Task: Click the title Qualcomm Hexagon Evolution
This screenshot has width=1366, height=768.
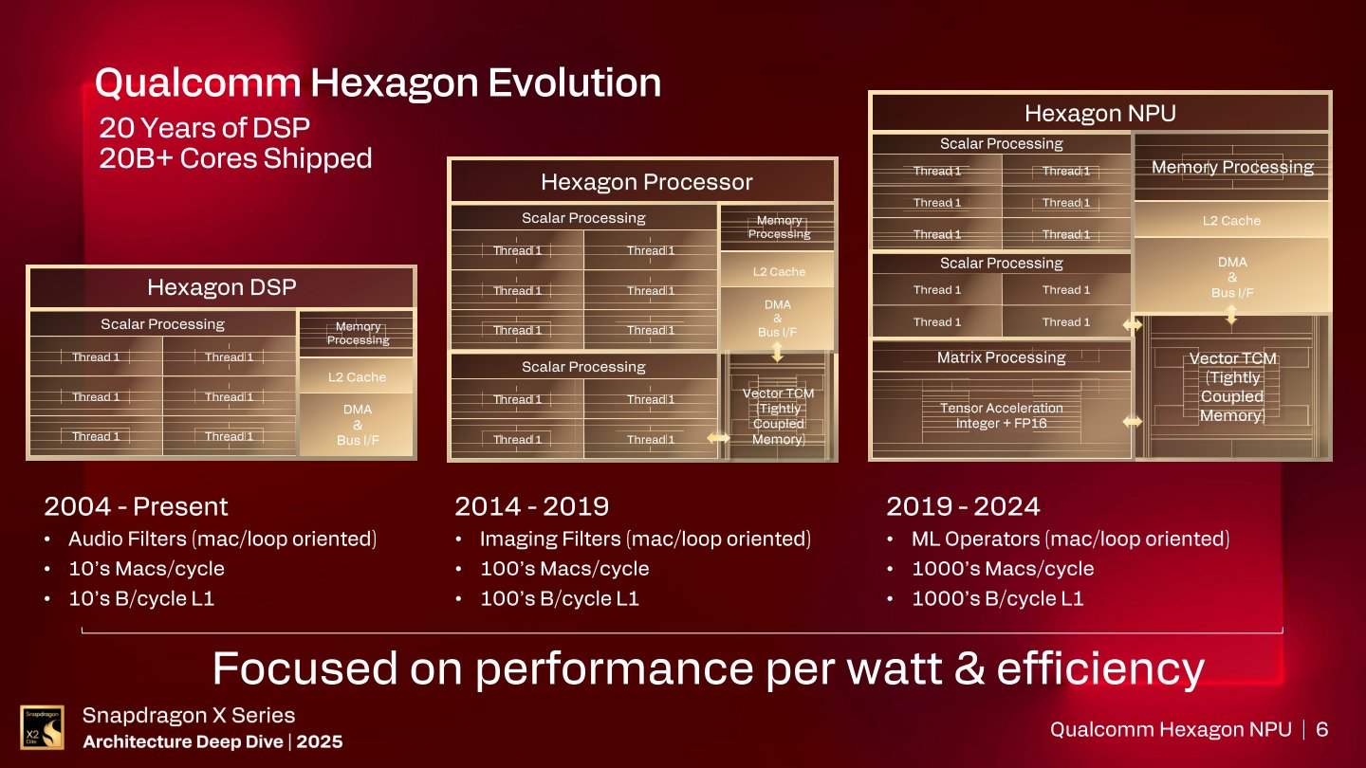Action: click(378, 82)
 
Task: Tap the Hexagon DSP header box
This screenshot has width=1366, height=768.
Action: click(221, 287)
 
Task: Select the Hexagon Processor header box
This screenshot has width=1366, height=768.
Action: click(646, 182)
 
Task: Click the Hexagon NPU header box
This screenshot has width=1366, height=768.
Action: click(1099, 114)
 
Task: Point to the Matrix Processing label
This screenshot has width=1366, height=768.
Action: click(1001, 357)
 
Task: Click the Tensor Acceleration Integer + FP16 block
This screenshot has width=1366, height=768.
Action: click(1001, 415)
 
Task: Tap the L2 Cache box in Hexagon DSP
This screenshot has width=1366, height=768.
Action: click(357, 376)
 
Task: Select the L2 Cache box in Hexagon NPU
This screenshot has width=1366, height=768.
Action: click(1231, 220)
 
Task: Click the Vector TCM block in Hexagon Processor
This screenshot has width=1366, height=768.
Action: click(778, 415)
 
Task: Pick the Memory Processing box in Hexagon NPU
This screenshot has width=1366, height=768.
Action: click(1231, 168)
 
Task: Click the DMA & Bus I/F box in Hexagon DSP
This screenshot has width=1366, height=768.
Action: click(357, 424)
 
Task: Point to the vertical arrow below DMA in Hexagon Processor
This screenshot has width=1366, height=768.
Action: click(778, 352)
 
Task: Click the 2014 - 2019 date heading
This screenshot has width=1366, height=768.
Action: click(531, 506)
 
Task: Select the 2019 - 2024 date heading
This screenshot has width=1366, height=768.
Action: click(964, 506)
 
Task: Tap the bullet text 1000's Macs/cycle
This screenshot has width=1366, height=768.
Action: click(1002, 569)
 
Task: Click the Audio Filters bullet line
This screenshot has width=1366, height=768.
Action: click(222, 539)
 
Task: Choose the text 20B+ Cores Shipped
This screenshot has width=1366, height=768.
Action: click(235, 157)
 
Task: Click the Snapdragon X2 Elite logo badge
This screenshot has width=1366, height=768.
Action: click(43, 727)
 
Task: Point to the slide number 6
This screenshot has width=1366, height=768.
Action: click(1321, 729)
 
